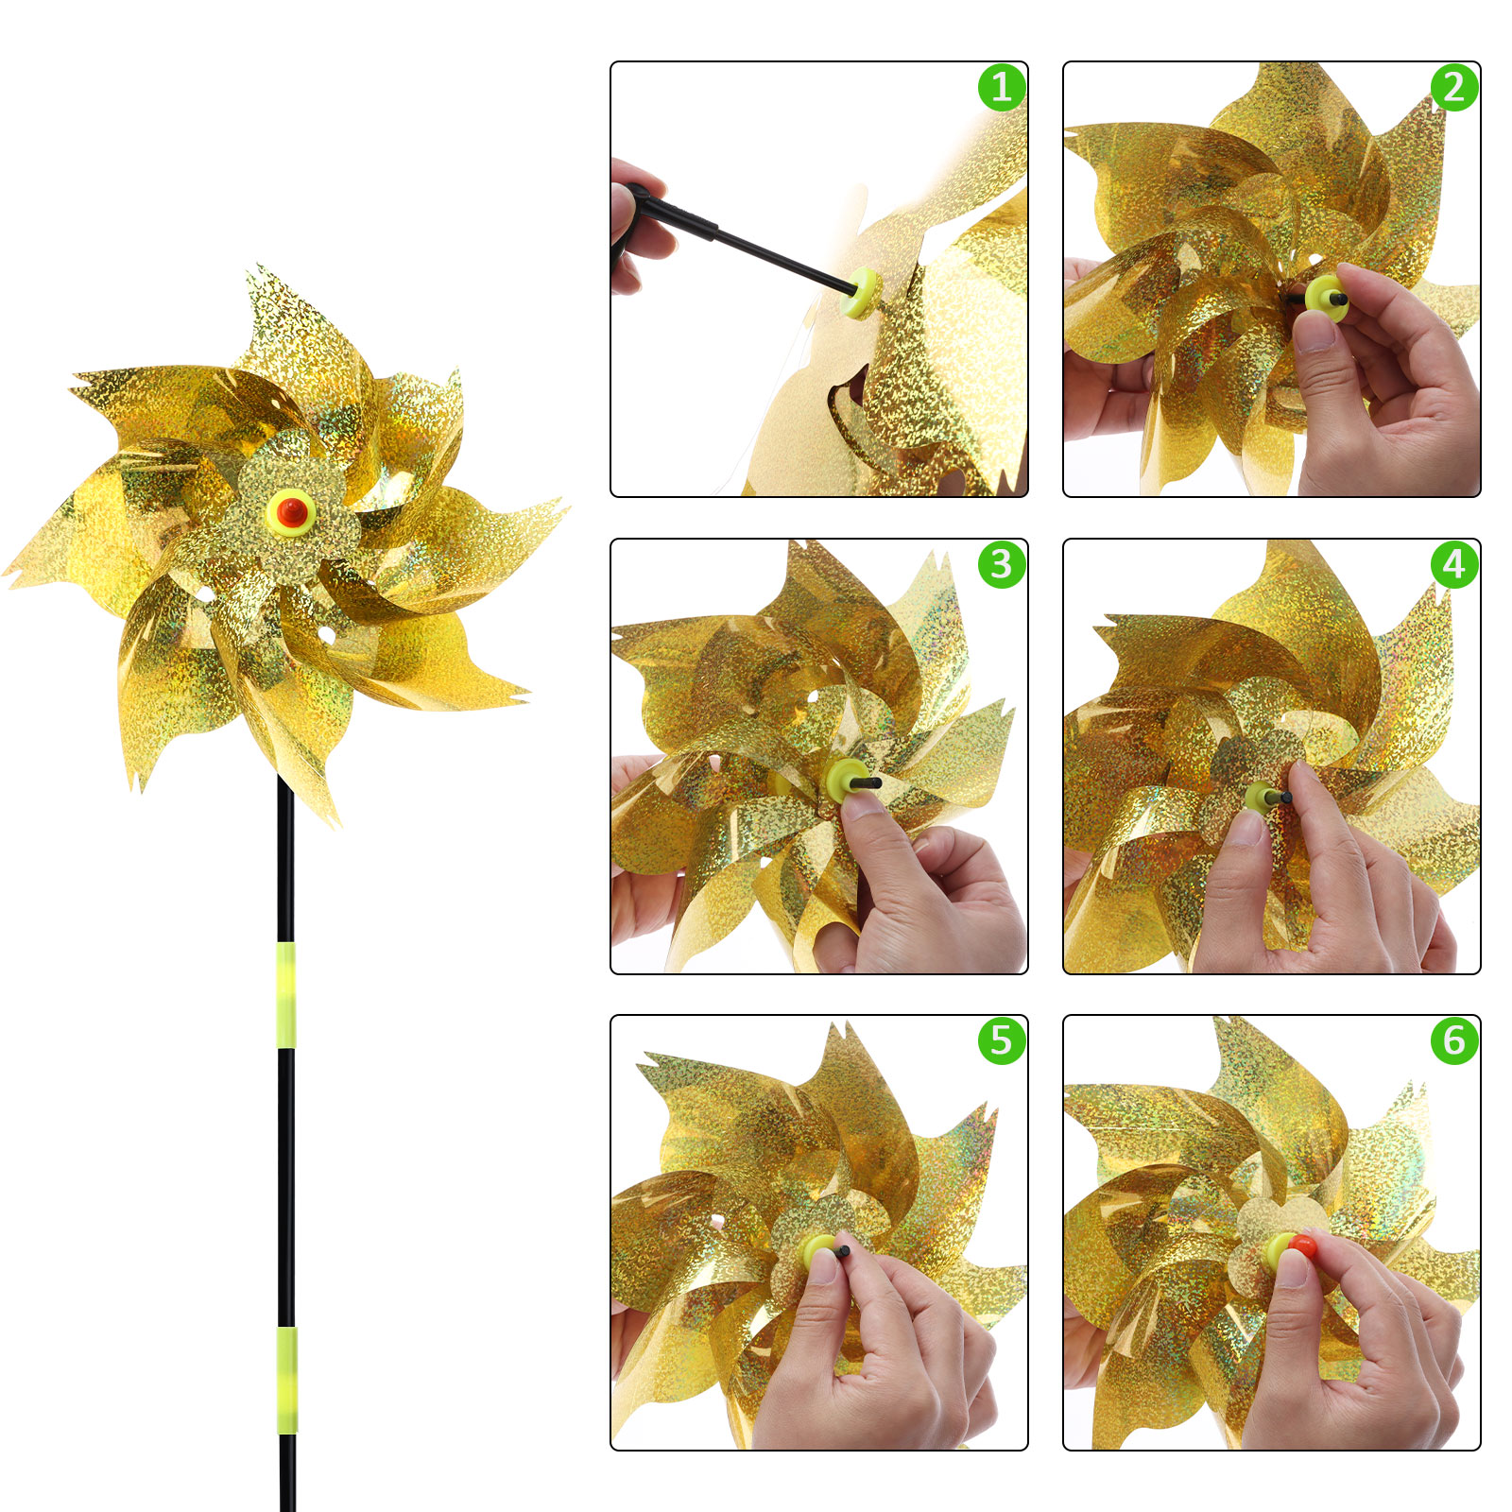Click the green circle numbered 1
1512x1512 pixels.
click(1002, 87)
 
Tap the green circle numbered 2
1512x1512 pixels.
click(1454, 87)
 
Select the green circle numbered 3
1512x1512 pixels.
click(1002, 564)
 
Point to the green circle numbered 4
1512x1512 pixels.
click(1454, 564)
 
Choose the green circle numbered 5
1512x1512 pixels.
click(1002, 1040)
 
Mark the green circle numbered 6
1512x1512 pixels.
click(1454, 1040)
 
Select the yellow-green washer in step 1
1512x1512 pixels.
click(864, 292)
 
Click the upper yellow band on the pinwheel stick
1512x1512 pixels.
click(286, 994)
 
